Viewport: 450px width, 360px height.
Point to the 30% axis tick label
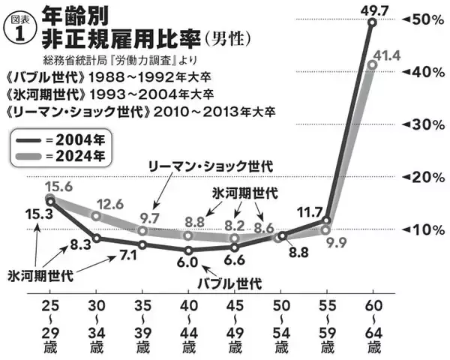(x=423, y=124)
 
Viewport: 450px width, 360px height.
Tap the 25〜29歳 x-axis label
(x=49, y=328)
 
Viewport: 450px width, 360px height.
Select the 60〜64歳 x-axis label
(x=372, y=328)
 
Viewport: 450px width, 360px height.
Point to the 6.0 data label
(x=187, y=262)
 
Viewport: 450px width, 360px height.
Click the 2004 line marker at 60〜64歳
(x=372, y=23)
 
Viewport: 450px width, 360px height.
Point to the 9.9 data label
(x=334, y=242)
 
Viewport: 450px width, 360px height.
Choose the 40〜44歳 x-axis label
(x=188, y=328)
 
